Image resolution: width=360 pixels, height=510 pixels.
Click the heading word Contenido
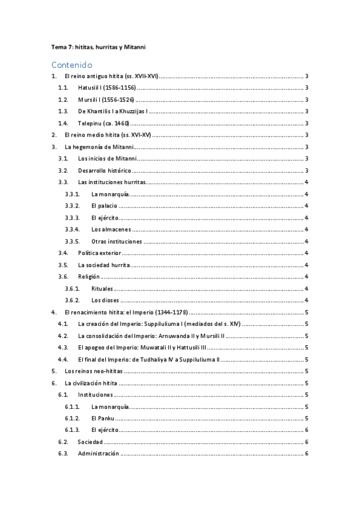72,64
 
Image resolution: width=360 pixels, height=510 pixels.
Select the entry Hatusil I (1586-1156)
106,88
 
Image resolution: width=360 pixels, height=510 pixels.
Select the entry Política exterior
100,253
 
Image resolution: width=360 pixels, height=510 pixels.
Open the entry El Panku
102,418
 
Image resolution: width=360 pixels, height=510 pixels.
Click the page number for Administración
307,453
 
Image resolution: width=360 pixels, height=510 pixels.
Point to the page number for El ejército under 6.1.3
307,430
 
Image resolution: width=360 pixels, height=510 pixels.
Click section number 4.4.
63,359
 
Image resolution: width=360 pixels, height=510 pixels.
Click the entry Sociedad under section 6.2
90,442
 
